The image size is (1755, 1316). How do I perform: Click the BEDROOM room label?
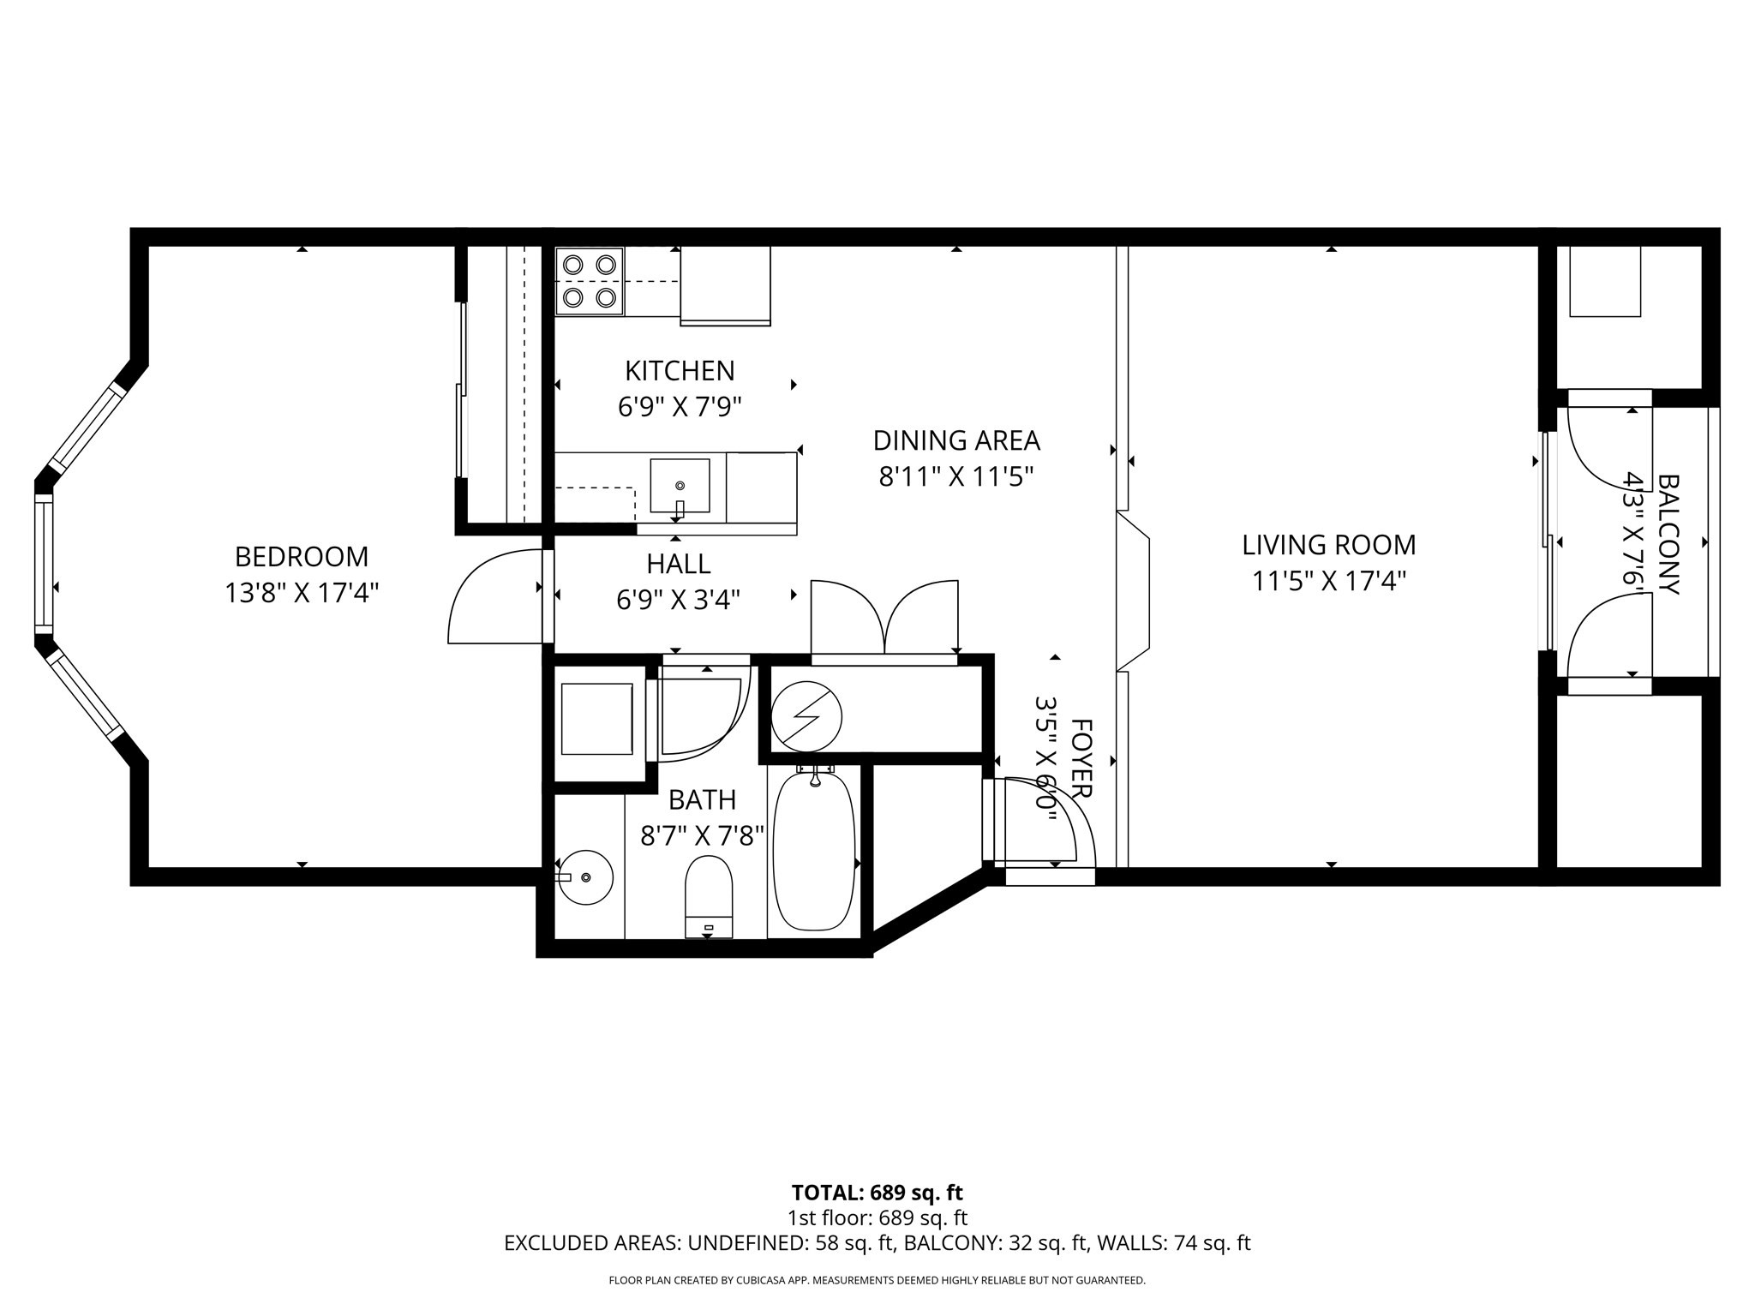click(302, 557)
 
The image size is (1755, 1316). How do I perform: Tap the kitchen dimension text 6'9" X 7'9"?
click(679, 406)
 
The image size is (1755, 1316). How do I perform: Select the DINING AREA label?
click(955, 440)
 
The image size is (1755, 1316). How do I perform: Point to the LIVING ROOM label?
click(1328, 545)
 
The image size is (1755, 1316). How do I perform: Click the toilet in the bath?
click(709, 896)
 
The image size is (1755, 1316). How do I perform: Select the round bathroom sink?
click(586, 877)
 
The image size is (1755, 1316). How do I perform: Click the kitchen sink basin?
click(680, 486)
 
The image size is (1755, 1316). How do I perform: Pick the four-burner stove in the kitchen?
click(590, 281)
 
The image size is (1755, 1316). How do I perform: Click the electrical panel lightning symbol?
click(806, 715)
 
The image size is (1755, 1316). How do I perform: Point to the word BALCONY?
click(1668, 535)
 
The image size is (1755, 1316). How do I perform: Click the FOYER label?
click(1082, 759)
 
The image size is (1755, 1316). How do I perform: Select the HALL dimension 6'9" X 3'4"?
click(678, 600)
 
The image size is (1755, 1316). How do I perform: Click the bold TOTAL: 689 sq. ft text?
click(877, 1193)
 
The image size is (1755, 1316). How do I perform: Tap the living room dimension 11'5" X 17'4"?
click(1328, 582)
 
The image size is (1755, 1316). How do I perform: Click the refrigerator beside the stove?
click(725, 284)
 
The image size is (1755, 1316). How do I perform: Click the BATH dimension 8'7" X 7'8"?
click(702, 836)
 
